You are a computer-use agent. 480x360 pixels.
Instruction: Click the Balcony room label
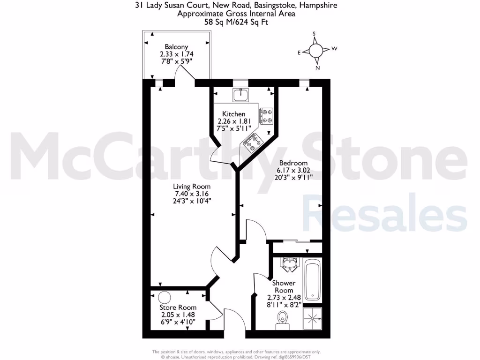point(176,47)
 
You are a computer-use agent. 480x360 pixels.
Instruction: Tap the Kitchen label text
point(233,114)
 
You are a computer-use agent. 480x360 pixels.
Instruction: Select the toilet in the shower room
point(282,321)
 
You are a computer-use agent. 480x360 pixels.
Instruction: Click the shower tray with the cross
point(312,319)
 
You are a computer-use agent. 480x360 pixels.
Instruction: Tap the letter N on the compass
point(317,68)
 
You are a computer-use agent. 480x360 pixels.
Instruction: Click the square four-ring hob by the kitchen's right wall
point(266,116)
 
